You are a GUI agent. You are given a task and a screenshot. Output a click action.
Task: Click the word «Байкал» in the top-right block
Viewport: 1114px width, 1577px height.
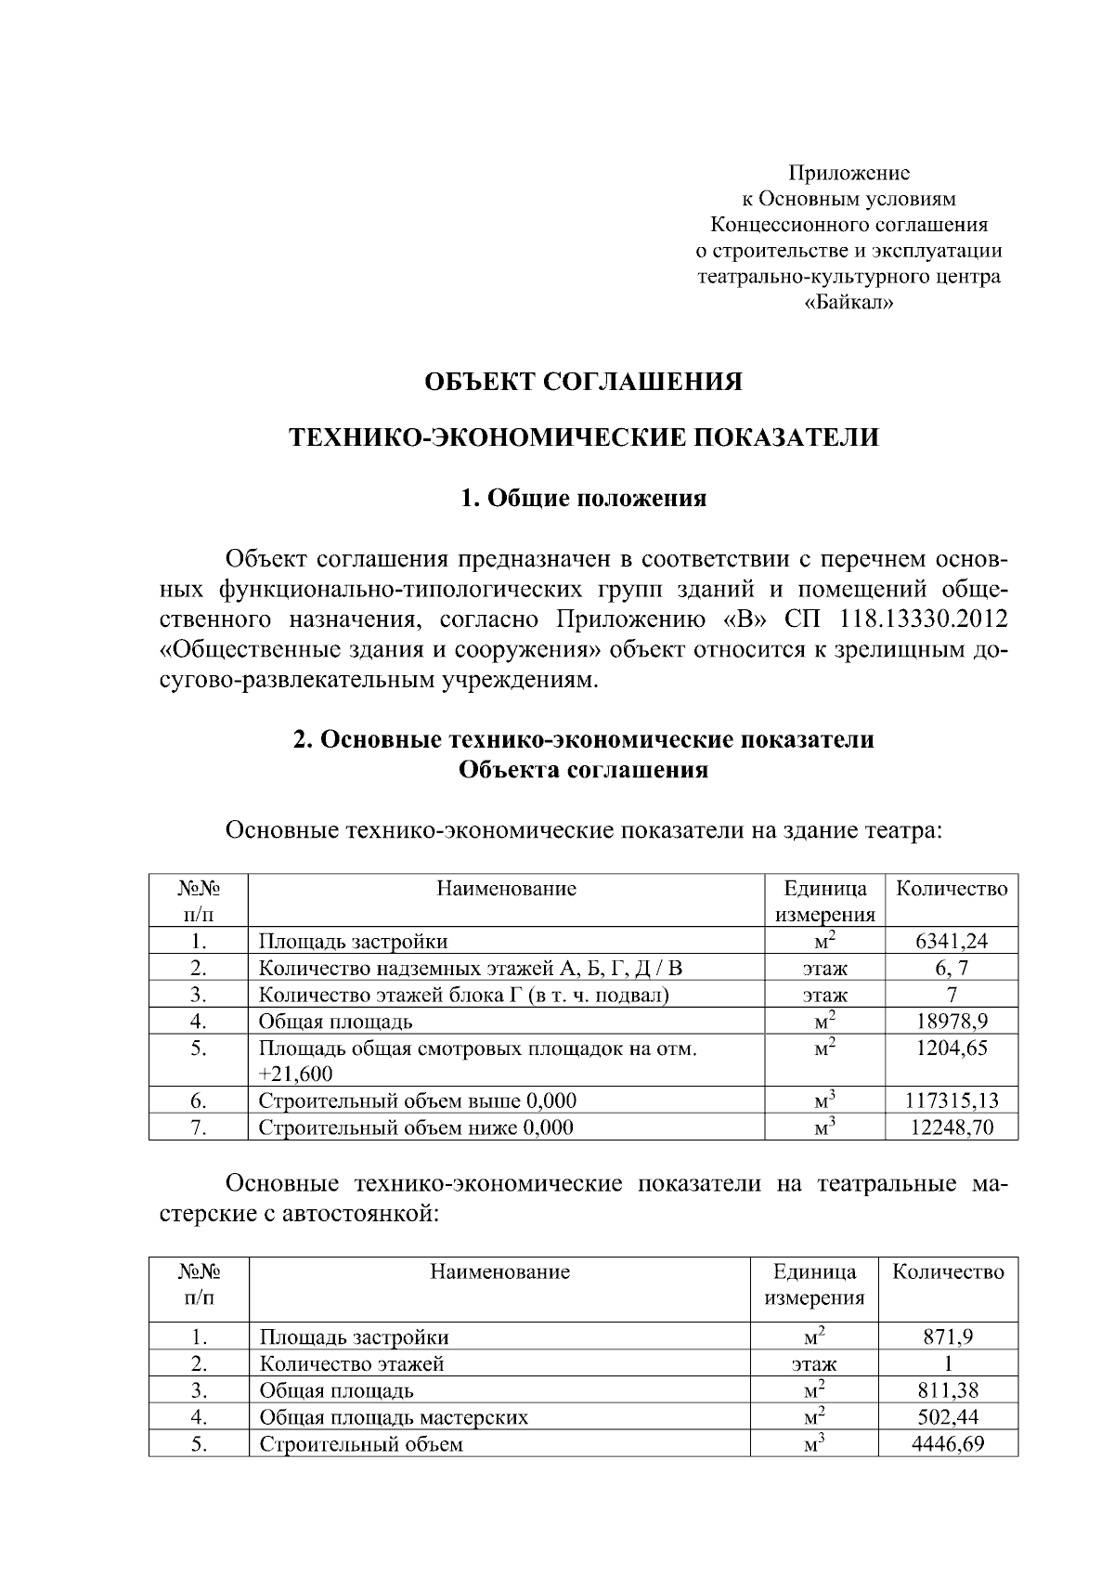point(848,303)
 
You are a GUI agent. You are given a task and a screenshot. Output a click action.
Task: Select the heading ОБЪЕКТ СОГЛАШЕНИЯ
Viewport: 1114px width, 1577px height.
point(583,382)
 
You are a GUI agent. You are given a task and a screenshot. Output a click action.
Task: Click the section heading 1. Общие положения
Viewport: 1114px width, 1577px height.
point(583,499)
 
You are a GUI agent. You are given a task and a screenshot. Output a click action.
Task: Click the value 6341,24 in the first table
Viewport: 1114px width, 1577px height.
point(951,941)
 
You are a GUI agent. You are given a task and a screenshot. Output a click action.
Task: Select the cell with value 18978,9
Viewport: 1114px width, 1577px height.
point(951,1022)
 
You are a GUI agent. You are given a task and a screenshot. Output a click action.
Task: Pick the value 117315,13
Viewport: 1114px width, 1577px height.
point(951,1101)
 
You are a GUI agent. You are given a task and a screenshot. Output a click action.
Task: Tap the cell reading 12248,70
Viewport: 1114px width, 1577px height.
point(951,1128)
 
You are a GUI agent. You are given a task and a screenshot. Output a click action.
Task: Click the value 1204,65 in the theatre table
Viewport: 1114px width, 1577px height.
point(951,1049)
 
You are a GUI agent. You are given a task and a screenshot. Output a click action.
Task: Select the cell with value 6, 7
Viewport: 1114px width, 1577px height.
point(951,968)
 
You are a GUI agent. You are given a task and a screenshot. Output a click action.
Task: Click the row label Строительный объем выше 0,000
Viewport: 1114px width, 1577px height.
point(417,1101)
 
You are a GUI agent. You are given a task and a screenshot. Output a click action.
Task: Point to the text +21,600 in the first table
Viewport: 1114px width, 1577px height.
point(295,1075)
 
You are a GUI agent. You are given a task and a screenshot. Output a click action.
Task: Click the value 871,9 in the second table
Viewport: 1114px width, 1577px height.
point(947,1337)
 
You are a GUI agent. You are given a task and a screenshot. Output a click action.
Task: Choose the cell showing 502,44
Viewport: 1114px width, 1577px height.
point(947,1417)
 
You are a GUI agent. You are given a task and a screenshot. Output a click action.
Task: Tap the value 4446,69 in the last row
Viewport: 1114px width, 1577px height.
point(947,1444)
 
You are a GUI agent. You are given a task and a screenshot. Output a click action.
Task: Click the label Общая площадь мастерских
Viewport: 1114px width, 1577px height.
point(394,1417)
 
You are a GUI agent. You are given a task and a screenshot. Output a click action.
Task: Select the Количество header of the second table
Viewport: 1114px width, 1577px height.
point(947,1272)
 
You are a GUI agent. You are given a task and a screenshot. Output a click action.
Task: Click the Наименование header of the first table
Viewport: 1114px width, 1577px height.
point(506,889)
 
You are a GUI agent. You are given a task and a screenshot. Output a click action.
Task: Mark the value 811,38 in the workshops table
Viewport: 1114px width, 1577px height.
point(947,1390)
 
